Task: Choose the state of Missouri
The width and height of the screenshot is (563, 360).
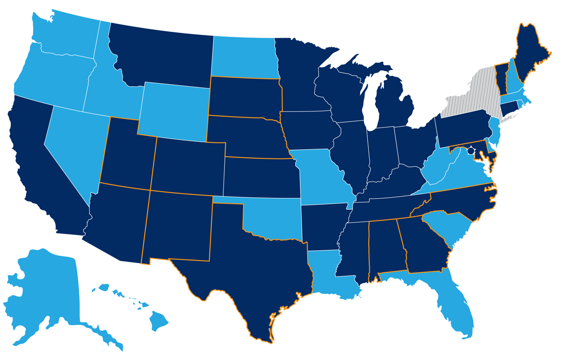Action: [320, 176]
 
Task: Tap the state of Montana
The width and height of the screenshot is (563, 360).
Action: [161, 55]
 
